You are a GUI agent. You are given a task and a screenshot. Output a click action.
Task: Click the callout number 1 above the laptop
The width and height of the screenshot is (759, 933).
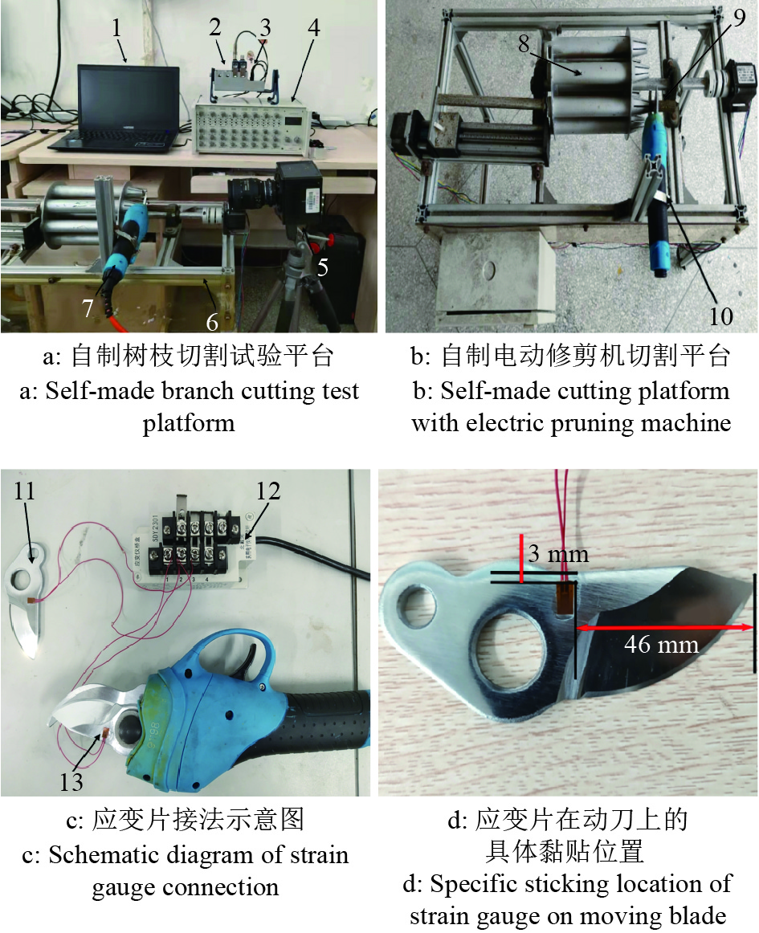116,27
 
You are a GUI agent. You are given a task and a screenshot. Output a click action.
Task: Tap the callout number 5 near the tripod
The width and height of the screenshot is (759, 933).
322,267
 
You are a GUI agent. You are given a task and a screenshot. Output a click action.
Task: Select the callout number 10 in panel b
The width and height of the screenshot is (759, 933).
720,316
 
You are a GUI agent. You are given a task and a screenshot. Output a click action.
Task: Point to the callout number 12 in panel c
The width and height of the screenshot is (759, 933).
268,491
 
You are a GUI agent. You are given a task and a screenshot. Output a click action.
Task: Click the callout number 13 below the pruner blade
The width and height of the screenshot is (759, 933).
71,782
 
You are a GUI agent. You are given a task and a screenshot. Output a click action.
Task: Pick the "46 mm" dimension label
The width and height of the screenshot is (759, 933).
661,645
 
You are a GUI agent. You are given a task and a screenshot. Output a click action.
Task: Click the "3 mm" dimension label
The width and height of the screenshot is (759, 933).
558,555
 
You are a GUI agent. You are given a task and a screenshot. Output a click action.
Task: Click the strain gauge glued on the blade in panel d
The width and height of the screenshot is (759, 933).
565,598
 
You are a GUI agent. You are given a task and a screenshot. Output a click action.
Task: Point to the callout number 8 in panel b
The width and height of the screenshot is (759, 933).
524,43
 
